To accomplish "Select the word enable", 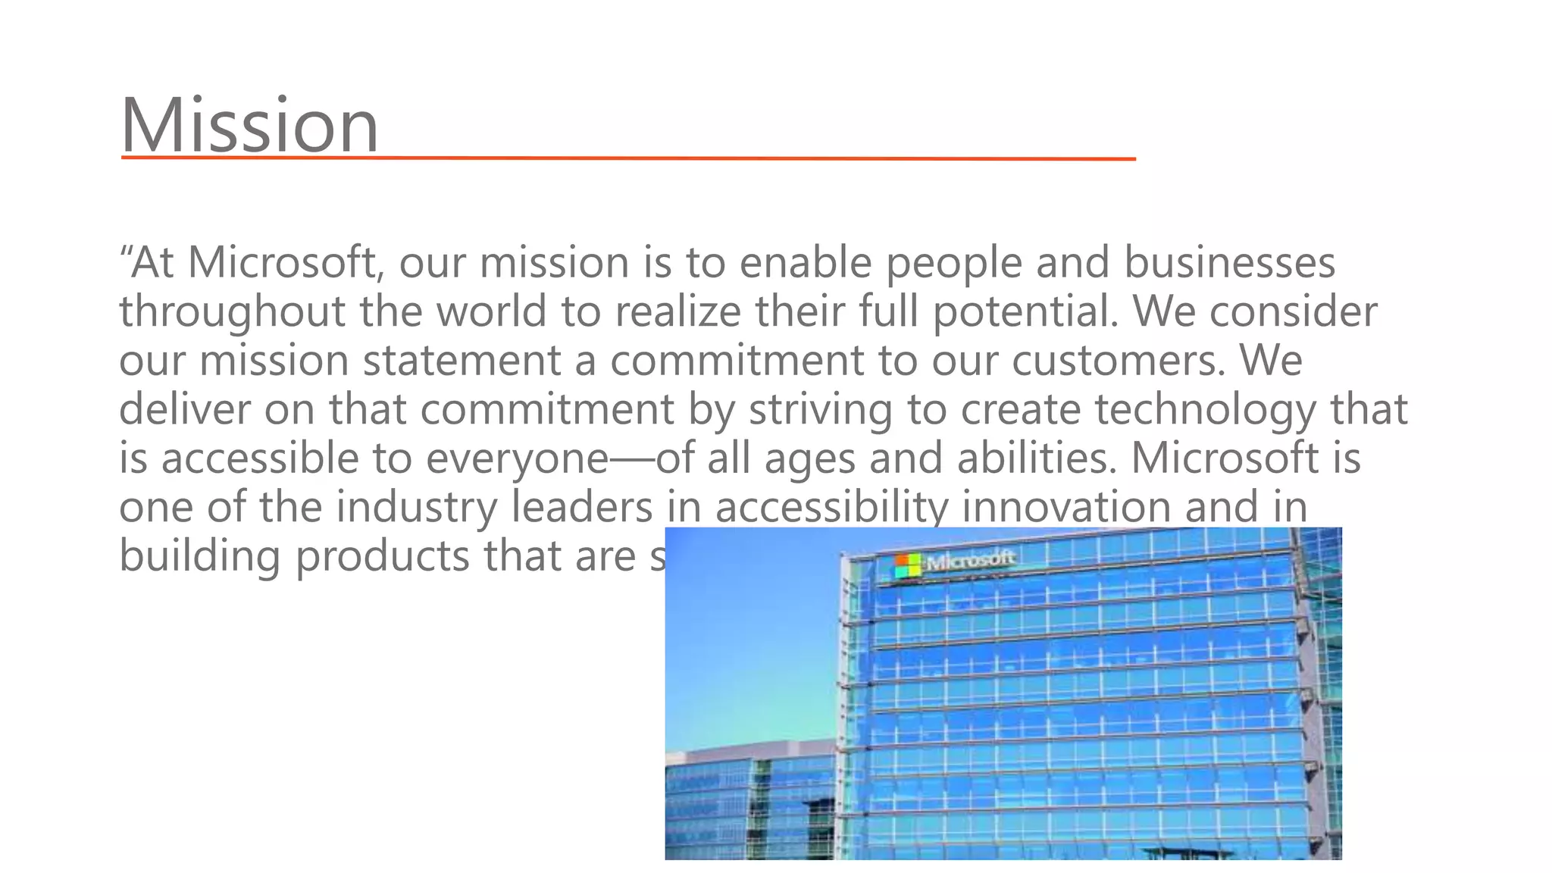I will tap(806, 263).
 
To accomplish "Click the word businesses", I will tap(1229, 263).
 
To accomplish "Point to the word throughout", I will tap(232, 312).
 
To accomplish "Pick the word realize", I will tap(677, 312).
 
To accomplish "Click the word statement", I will tap(462, 361).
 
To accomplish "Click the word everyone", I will tap(517, 459).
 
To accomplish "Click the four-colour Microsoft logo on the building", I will tap(906, 565).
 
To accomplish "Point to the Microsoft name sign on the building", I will tap(970, 561).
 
